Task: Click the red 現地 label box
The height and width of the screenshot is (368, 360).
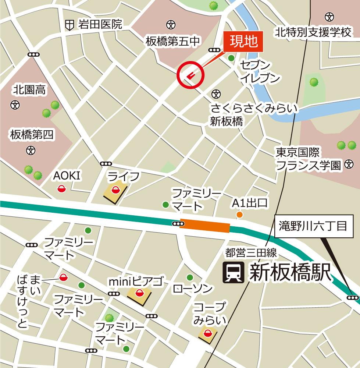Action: pos(243,42)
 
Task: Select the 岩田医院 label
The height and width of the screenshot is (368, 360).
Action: pos(99,25)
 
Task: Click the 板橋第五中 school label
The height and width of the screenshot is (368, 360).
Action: pos(172,41)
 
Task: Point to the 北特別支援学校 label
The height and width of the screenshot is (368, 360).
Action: pos(314,33)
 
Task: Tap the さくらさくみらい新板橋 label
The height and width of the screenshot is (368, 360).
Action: pos(253,115)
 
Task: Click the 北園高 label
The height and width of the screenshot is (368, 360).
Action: pos(29,89)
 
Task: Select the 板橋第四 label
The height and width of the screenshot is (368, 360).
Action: pos(32,135)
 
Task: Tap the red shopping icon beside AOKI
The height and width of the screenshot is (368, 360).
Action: pos(61,189)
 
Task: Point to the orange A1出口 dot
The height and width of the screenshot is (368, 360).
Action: pos(239,215)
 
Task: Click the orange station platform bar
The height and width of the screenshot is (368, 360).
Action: pos(205,226)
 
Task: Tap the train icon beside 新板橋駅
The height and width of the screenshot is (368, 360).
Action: pos(233,273)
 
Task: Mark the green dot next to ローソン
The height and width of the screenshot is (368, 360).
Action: pos(189,277)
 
